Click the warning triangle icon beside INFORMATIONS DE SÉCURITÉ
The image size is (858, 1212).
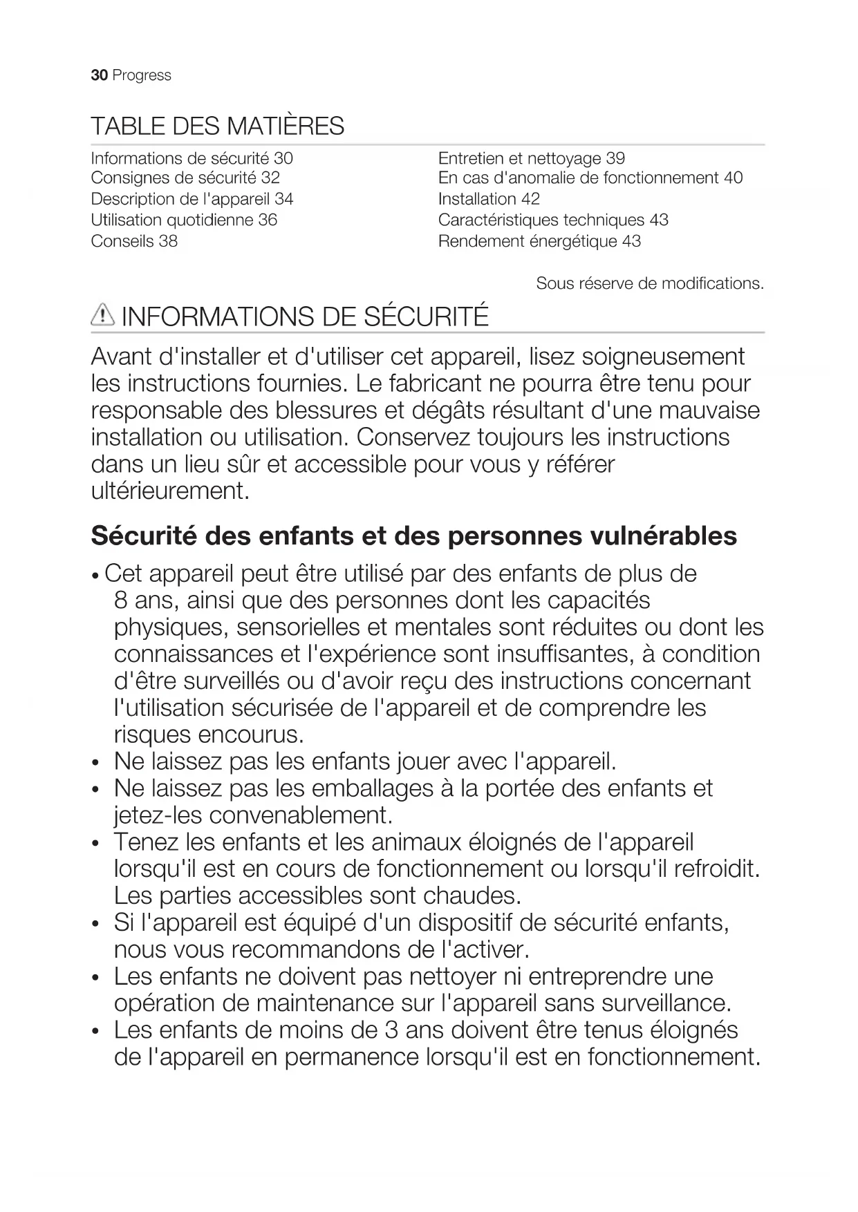(x=102, y=316)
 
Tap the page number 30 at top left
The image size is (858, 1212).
(x=99, y=75)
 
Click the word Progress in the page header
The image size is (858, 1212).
(x=142, y=75)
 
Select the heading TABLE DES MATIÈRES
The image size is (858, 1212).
(x=217, y=126)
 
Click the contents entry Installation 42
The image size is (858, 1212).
(x=489, y=199)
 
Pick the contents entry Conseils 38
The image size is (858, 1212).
(x=134, y=241)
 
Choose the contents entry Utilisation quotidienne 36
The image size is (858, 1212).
(x=184, y=220)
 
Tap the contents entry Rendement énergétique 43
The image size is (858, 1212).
(x=539, y=241)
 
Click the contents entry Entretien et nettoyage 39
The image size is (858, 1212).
(x=531, y=158)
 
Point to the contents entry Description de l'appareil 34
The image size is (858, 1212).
(x=192, y=199)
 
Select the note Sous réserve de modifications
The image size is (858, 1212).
(x=650, y=283)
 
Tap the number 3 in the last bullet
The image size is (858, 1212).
(x=391, y=1030)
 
